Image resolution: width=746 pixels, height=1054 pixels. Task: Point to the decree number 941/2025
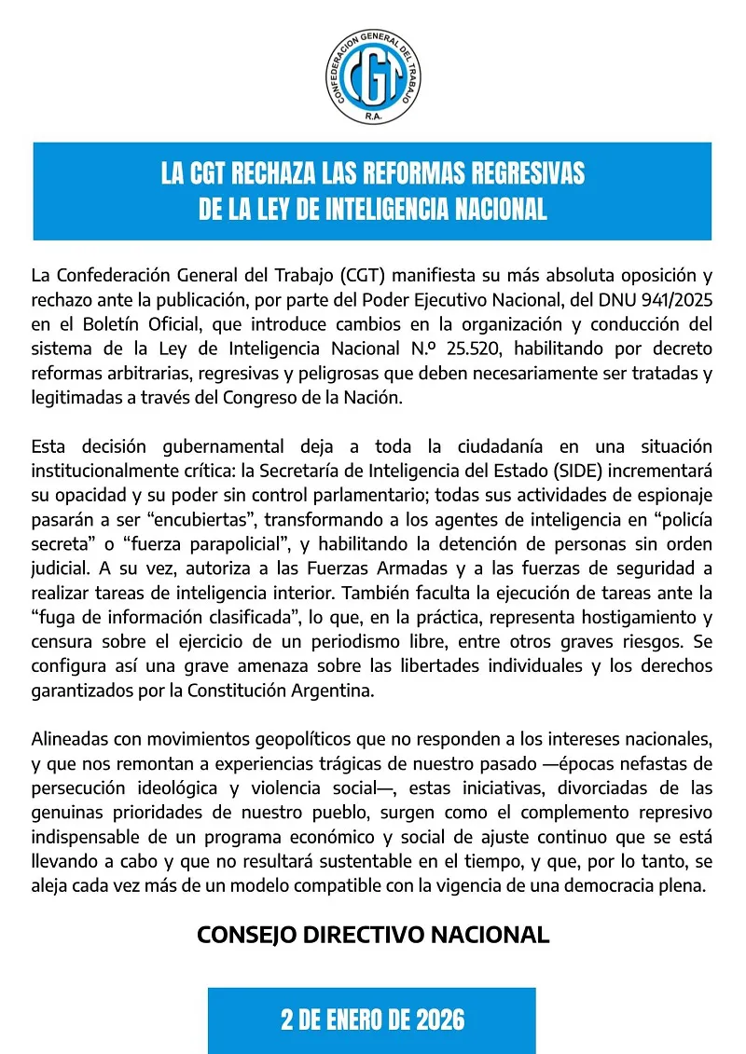point(671,300)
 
